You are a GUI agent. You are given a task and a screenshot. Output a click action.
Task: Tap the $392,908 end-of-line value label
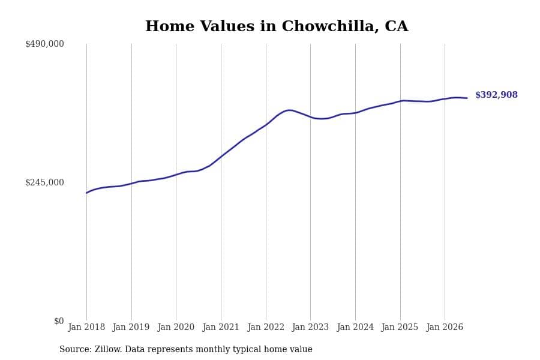coord(496,95)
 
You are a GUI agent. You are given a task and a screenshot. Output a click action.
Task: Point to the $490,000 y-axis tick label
coord(44,44)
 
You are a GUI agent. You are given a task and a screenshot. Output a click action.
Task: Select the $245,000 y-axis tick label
coord(44,182)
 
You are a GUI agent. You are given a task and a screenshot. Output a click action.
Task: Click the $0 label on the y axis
coord(59,321)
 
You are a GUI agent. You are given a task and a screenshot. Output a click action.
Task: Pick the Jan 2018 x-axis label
coord(86,327)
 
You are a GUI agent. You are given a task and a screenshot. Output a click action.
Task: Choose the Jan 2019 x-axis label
coord(131,327)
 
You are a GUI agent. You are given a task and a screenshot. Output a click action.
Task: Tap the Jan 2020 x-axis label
coord(176,327)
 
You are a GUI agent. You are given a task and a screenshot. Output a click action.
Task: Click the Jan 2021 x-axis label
coord(221,327)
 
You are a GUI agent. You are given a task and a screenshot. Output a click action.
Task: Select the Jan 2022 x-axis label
coord(266,327)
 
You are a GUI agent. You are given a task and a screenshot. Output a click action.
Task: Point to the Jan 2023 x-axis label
coord(310,327)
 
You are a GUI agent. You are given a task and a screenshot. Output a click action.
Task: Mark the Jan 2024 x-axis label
coord(355,327)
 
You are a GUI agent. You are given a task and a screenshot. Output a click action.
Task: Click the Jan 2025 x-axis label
coord(400,327)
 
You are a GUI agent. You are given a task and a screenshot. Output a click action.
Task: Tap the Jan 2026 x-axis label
coord(445,327)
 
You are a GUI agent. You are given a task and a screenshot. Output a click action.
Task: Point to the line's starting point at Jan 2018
coord(86,193)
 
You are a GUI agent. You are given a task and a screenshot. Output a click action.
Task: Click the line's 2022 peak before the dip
coord(290,110)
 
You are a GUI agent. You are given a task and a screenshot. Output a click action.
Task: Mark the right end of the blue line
coord(467,98)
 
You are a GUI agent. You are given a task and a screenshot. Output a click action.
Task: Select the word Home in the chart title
coord(170,26)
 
